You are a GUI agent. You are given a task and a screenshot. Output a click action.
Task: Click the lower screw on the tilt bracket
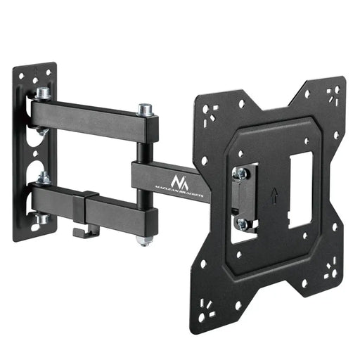coord(243,223)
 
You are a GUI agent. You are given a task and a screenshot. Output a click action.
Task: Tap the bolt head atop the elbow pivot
coord(146,110)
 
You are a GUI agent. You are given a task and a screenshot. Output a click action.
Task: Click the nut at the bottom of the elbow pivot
coord(143,240)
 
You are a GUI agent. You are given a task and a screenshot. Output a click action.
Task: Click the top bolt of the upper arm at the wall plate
coord(41,93)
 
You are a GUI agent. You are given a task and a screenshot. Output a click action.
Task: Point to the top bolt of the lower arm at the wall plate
coord(41,177)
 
